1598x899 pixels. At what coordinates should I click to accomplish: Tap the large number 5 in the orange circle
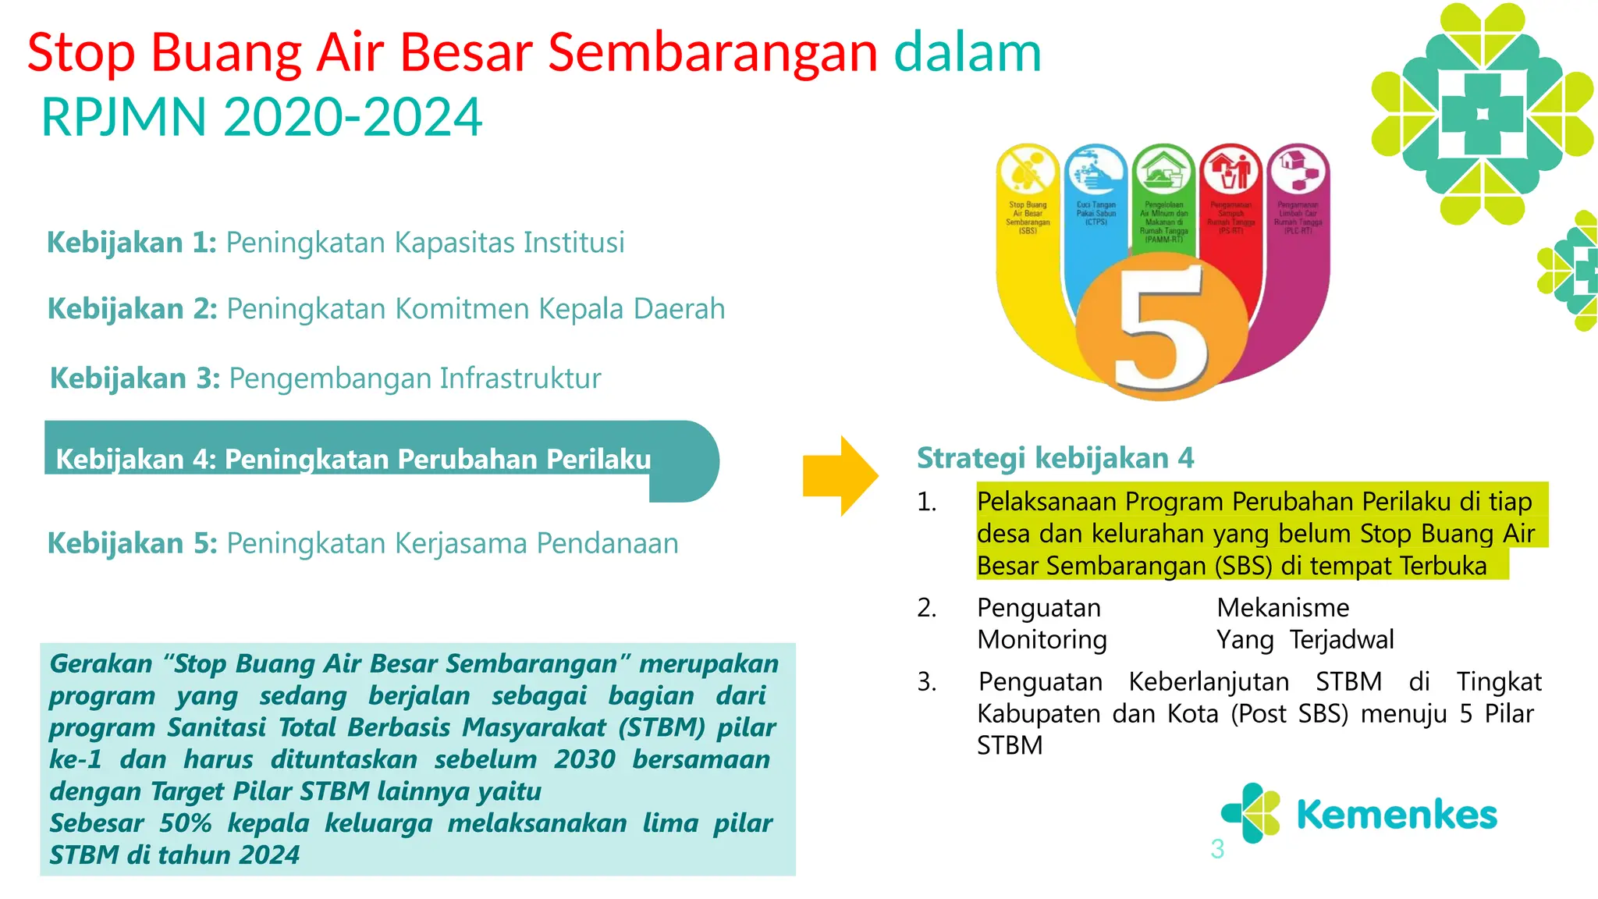1161,328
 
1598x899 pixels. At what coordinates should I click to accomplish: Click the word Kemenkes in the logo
1396,815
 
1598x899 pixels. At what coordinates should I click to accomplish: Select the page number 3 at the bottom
1216,849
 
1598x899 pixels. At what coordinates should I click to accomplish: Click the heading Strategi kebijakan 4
1055,458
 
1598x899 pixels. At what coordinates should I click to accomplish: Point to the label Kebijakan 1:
131,243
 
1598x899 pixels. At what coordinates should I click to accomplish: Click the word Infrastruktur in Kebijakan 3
520,378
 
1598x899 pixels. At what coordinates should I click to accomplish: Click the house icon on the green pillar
1163,169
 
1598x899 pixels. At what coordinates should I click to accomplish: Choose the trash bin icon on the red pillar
1230,169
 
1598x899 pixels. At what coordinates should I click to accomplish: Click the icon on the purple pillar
1298,169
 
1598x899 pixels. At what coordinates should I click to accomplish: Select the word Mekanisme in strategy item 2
1283,608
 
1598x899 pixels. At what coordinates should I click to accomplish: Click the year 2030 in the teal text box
584,759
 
